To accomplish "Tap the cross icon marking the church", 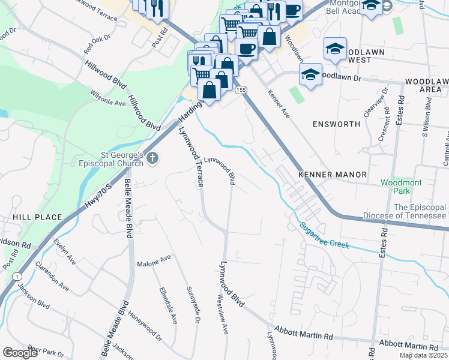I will [x=152, y=158].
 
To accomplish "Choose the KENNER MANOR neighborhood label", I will [x=333, y=175].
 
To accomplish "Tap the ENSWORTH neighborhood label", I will [x=336, y=124].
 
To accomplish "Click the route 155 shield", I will [x=241, y=89].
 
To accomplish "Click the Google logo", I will [x=20, y=352].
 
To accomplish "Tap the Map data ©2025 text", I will [x=423, y=355].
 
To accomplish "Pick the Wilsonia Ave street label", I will [x=107, y=98].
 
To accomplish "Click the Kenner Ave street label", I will [x=279, y=104].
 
